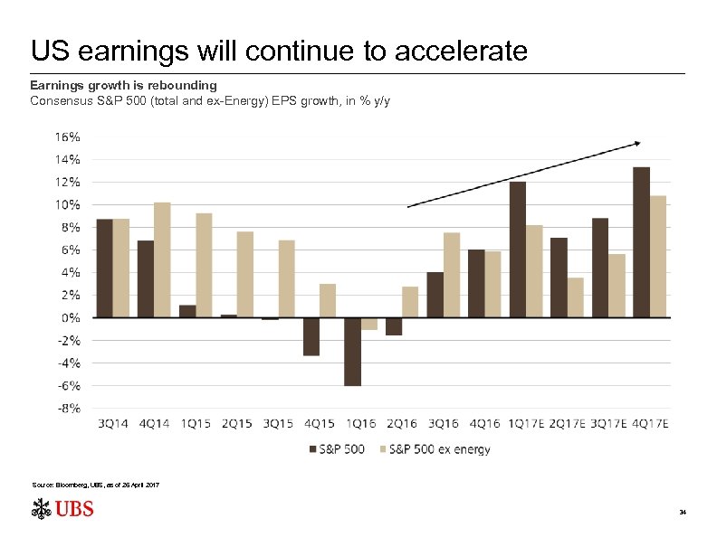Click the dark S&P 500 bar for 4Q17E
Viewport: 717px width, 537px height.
pos(641,242)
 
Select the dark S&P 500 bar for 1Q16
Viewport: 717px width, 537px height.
pos(352,352)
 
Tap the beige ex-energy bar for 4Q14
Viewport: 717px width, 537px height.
pos(162,259)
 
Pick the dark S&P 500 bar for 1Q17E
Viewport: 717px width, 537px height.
pos(518,250)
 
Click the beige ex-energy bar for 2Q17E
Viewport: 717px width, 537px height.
pos(575,297)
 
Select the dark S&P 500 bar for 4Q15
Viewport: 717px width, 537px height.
pos(311,336)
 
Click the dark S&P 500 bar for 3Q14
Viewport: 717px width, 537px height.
pos(105,268)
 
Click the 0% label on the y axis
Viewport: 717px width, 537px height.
pos(69,318)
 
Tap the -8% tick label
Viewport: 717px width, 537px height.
pos(66,409)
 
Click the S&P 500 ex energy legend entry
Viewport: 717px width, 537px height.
pos(439,449)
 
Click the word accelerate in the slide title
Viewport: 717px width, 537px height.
pos(461,51)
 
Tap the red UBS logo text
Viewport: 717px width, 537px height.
pos(74,510)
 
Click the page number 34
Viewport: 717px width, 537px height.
pos(683,513)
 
